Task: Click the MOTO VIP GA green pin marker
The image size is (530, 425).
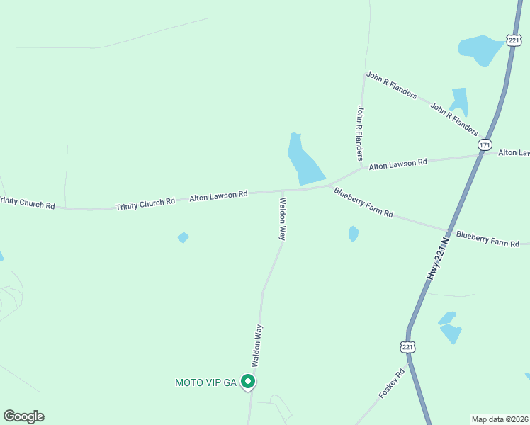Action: tap(248, 382)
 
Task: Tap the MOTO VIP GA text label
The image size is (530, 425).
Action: tap(205, 382)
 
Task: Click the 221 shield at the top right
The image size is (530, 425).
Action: tap(514, 40)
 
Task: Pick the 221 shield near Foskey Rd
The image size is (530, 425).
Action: tap(407, 346)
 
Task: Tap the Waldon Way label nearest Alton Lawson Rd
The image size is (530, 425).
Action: tap(281, 219)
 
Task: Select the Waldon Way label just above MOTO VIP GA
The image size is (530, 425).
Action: tap(259, 345)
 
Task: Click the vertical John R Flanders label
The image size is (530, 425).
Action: tap(361, 132)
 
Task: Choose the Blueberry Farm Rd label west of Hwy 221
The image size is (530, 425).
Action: tap(363, 202)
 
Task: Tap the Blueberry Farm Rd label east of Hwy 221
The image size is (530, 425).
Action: tap(487, 239)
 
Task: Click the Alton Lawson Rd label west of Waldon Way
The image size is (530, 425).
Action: tap(218, 195)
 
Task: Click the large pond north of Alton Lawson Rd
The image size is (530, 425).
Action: tap(305, 161)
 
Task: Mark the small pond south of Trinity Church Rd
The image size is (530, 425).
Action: tap(184, 237)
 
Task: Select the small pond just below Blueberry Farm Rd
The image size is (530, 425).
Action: tap(354, 233)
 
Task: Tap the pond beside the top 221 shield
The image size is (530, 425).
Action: tap(480, 50)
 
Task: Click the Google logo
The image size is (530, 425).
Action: tap(23, 416)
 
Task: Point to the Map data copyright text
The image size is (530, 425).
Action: tap(500, 419)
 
